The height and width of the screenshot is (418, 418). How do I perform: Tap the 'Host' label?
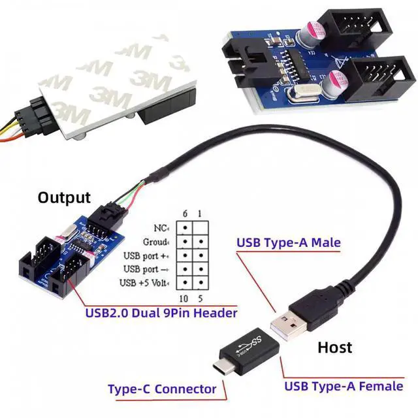click(334, 347)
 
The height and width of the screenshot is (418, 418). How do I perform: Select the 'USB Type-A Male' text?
click(288, 243)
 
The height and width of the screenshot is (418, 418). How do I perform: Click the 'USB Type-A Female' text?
click(344, 386)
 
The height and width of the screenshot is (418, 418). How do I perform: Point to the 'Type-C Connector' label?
click(162, 389)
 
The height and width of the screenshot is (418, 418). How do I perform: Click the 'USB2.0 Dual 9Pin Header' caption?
click(161, 313)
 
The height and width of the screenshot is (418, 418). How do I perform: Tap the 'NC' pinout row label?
click(159, 228)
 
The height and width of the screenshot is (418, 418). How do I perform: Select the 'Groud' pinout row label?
click(155, 242)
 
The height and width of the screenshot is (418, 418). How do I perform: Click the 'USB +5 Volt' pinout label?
click(146, 283)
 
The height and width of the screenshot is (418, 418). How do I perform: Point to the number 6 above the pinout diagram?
click(185, 214)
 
